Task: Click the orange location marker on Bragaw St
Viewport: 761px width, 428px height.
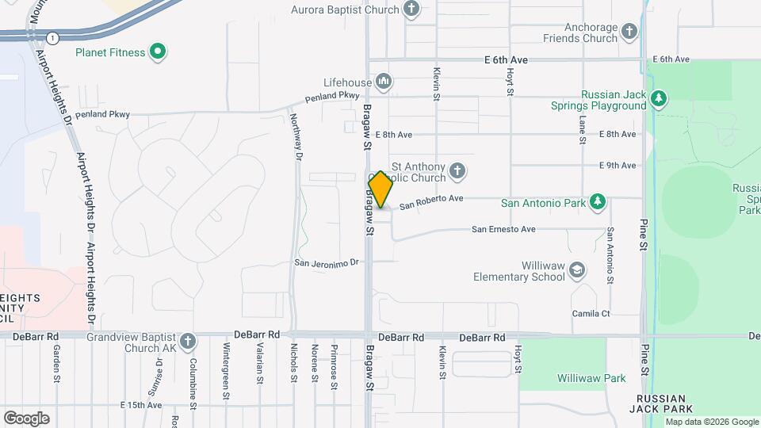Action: pyautogui.click(x=380, y=189)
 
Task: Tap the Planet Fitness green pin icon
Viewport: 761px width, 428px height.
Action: pyautogui.click(x=158, y=53)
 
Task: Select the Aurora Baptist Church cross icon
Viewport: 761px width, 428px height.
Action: pyautogui.click(x=411, y=10)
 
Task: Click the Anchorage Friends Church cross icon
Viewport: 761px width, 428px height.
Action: pyautogui.click(x=629, y=32)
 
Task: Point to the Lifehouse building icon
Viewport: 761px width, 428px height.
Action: pyautogui.click(x=384, y=81)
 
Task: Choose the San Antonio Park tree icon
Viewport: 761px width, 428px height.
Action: pyautogui.click(x=598, y=203)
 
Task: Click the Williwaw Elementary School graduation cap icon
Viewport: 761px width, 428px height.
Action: pyautogui.click(x=578, y=270)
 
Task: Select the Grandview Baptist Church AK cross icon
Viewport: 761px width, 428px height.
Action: pyautogui.click(x=187, y=342)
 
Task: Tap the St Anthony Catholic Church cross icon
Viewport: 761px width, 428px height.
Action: pyautogui.click(x=457, y=170)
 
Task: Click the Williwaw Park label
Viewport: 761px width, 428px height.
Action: pyautogui.click(x=591, y=379)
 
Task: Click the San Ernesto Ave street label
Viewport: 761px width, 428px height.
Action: pyautogui.click(x=504, y=230)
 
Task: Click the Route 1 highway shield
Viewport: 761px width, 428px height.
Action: pyautogui.click(x=52, y=38)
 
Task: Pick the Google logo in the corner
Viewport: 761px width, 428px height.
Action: pyautogui.click(x=26, y=418)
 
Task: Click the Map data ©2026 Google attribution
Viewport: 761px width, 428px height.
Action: pyautogui.click(x=710, y=422)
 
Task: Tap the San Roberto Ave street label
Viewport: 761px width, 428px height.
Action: pyautogui.click(x=431, y=203)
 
